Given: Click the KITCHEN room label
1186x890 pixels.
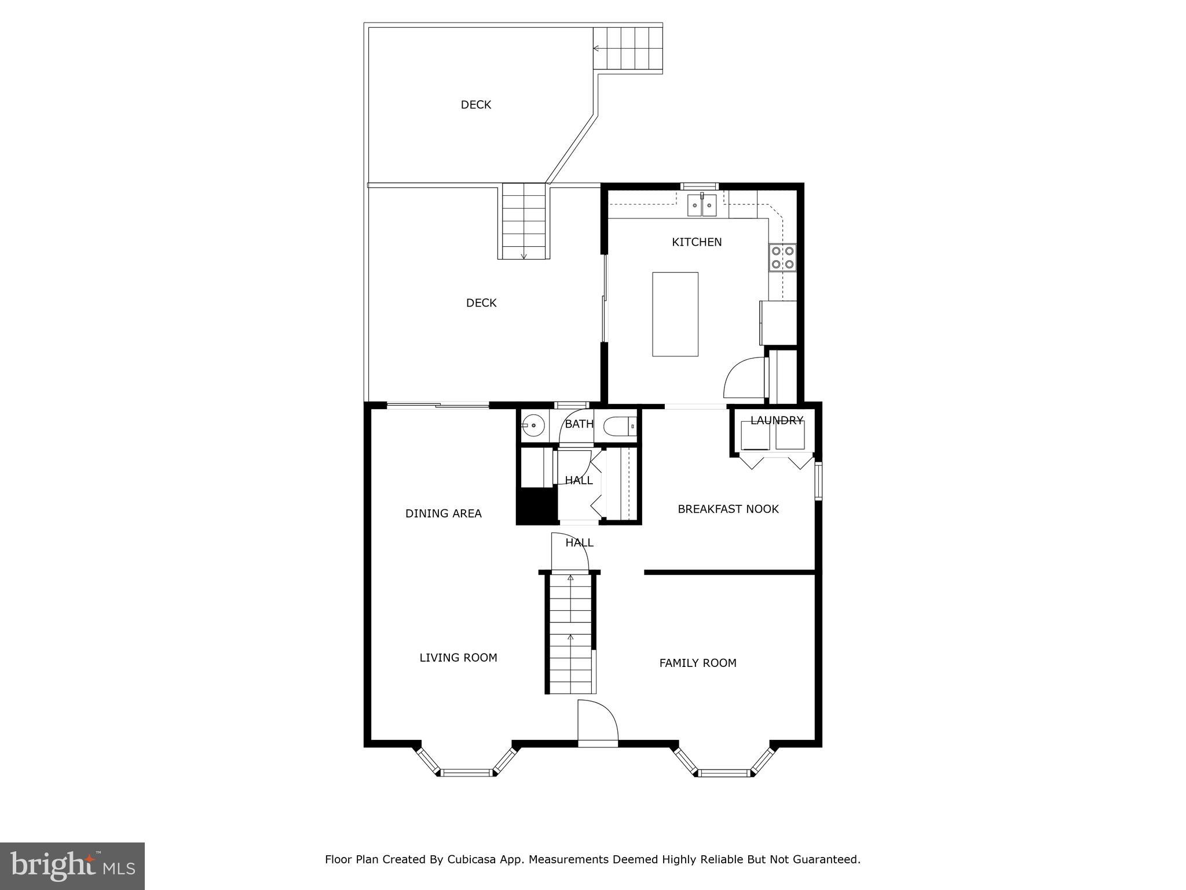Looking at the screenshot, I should click(697, 242).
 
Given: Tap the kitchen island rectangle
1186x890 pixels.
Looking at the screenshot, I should click(675, 314).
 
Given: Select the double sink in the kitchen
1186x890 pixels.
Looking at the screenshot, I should click(702, 205).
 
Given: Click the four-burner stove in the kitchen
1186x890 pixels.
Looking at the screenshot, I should click(782, 257).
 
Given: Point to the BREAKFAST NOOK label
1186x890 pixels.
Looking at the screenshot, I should click(728, 509).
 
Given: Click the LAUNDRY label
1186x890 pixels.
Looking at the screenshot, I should click(777, 421).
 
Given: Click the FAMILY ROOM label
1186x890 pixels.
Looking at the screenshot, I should click(698, 663).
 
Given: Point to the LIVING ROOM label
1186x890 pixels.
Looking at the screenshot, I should click(458, 658).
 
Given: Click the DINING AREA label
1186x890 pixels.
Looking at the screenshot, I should click(443, 513).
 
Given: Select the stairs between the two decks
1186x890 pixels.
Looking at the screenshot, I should click(524, 221).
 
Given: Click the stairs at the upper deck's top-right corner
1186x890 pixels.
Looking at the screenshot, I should click(628, 48).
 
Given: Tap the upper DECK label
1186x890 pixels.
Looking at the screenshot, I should click(475, 105).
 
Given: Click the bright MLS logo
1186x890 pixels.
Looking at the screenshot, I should click(72, 866).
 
